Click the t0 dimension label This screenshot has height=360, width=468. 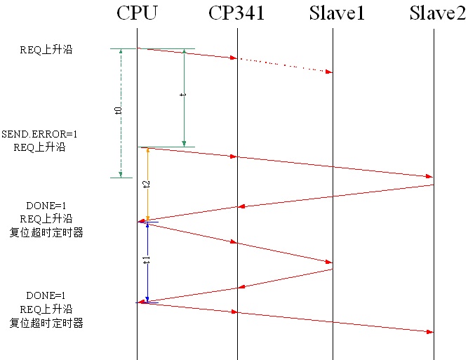click(x=118, y=110)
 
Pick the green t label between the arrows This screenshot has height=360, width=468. click(x=183, y=94)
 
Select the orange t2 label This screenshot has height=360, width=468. click(x=146, y=184)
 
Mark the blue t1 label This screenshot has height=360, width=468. click(x=146, y=259)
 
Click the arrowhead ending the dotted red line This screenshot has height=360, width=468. click(x=329, y=72)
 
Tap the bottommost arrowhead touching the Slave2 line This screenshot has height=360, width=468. click(x=430, y=331)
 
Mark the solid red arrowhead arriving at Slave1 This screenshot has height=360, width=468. click(x=329, y=262)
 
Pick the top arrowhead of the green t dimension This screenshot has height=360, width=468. click(x=184, y=52)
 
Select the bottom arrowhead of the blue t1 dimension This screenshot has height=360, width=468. click(x=147, y=298)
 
